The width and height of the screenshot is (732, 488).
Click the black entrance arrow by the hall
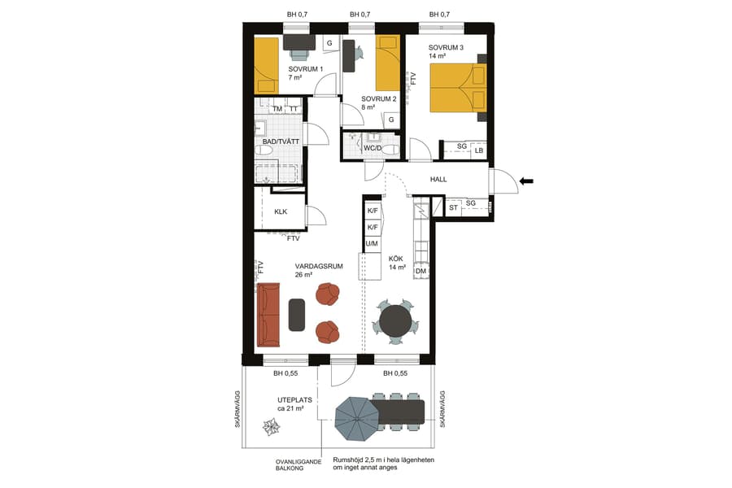click(527, 182)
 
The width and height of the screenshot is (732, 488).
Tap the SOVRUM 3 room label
click(446, 48)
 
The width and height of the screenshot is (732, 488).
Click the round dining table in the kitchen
click(396, 319)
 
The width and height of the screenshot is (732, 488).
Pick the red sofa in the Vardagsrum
click(268, 315)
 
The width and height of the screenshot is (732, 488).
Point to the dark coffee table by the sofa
click(297, 315)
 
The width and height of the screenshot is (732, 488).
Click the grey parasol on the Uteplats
click(357, 417)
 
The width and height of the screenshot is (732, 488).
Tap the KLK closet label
click(281, 212)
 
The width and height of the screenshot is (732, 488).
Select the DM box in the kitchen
click(421, 271)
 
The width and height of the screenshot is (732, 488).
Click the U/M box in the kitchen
click(372, 243)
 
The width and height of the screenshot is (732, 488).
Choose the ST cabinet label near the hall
click(454, 207)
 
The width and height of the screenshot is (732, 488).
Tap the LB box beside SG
click(479, 151)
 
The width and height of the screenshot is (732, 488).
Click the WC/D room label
click(373, 149)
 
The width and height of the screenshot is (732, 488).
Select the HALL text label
click(438, 180)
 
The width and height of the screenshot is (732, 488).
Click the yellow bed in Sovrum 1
click(266, 65)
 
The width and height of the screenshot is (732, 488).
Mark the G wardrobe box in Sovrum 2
click(391, 120)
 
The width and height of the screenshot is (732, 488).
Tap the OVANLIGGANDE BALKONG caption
click(298, 466)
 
